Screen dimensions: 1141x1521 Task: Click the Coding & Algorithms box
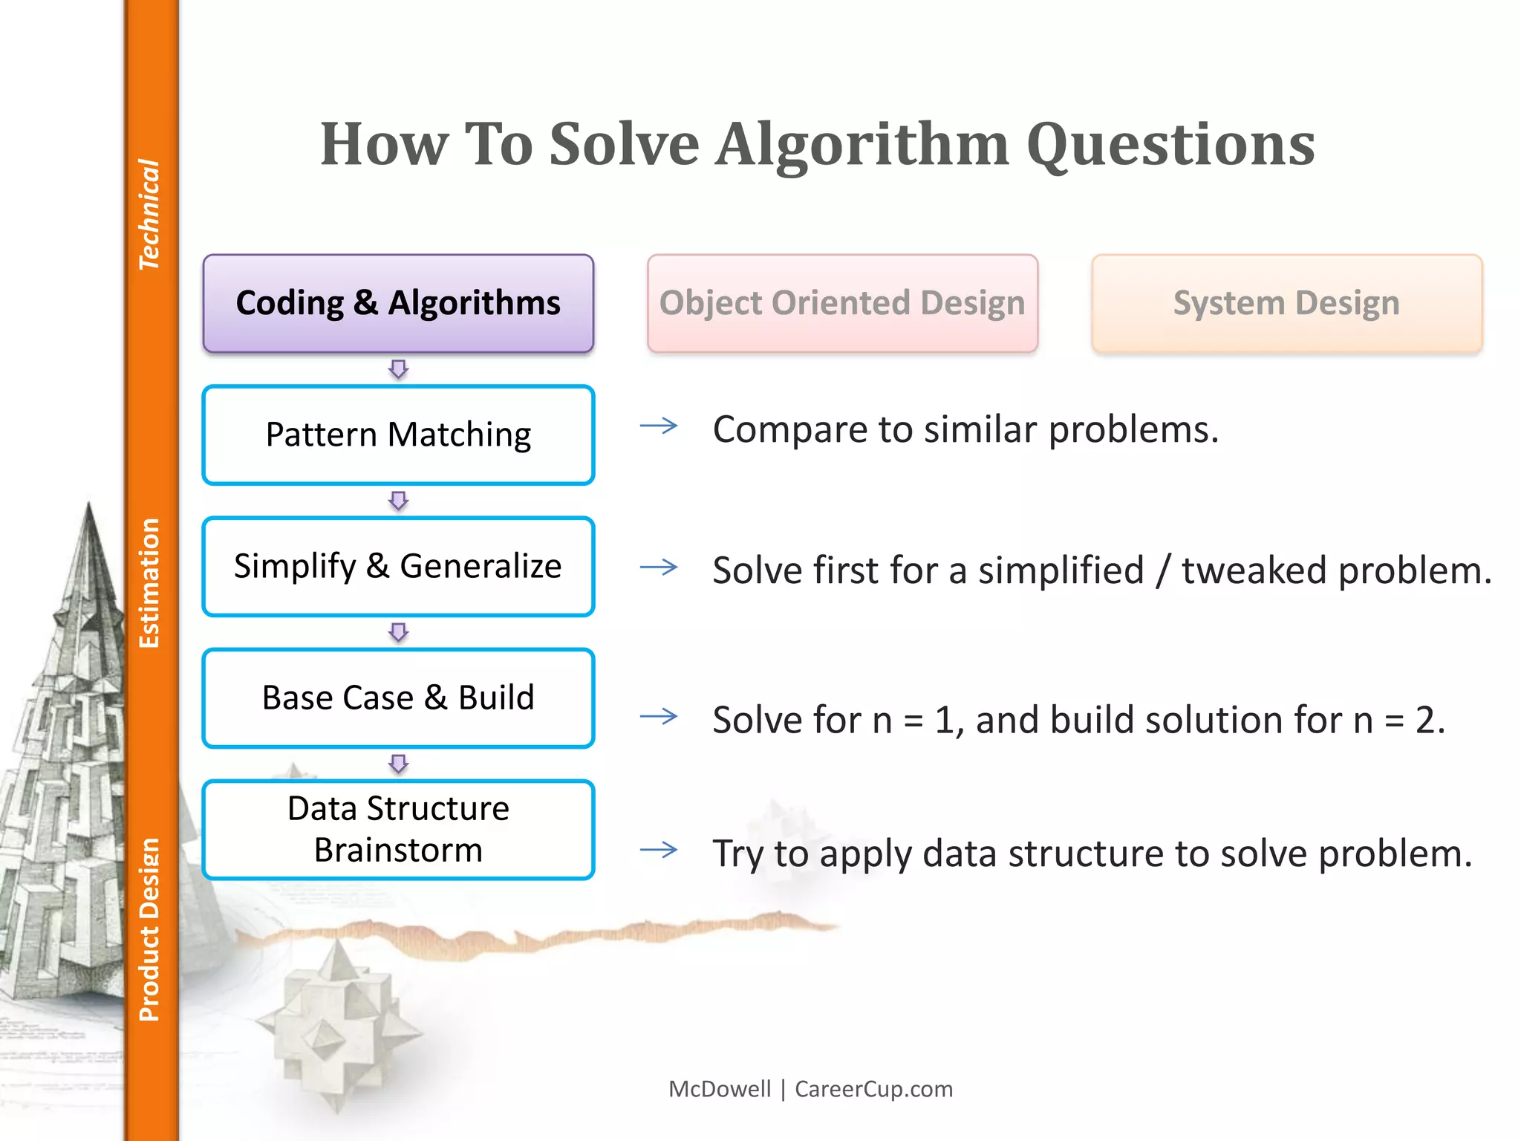[x=398, y=303]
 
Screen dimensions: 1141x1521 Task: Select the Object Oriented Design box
[x=842, y=303]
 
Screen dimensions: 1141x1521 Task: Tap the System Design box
[x=1286, y=303]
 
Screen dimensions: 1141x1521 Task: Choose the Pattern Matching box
[x=398, y=435]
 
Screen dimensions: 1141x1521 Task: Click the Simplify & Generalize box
[x=398, y=567]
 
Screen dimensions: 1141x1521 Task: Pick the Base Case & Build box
[x=398, y=698]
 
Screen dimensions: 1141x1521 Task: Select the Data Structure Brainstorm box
[x=398, y=830]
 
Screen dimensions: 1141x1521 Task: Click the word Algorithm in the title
[x=862, y=144]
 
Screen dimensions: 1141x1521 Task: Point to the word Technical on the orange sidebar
[x=149, y=214]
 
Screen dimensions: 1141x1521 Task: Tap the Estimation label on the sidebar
[x=149, y=583]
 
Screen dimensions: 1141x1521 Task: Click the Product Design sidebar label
[x=149, y=930]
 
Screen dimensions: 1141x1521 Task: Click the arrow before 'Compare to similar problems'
[x=659, y=426]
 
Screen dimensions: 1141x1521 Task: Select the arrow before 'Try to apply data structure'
[x=659, y=849]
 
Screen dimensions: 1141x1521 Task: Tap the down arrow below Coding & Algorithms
[x=399, y=369]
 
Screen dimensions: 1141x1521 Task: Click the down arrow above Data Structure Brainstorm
[x=399, y=764]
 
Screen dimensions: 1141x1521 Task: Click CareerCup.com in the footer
[x=873, y=1089]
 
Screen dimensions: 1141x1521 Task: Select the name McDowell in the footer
[x=720, y=1089]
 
